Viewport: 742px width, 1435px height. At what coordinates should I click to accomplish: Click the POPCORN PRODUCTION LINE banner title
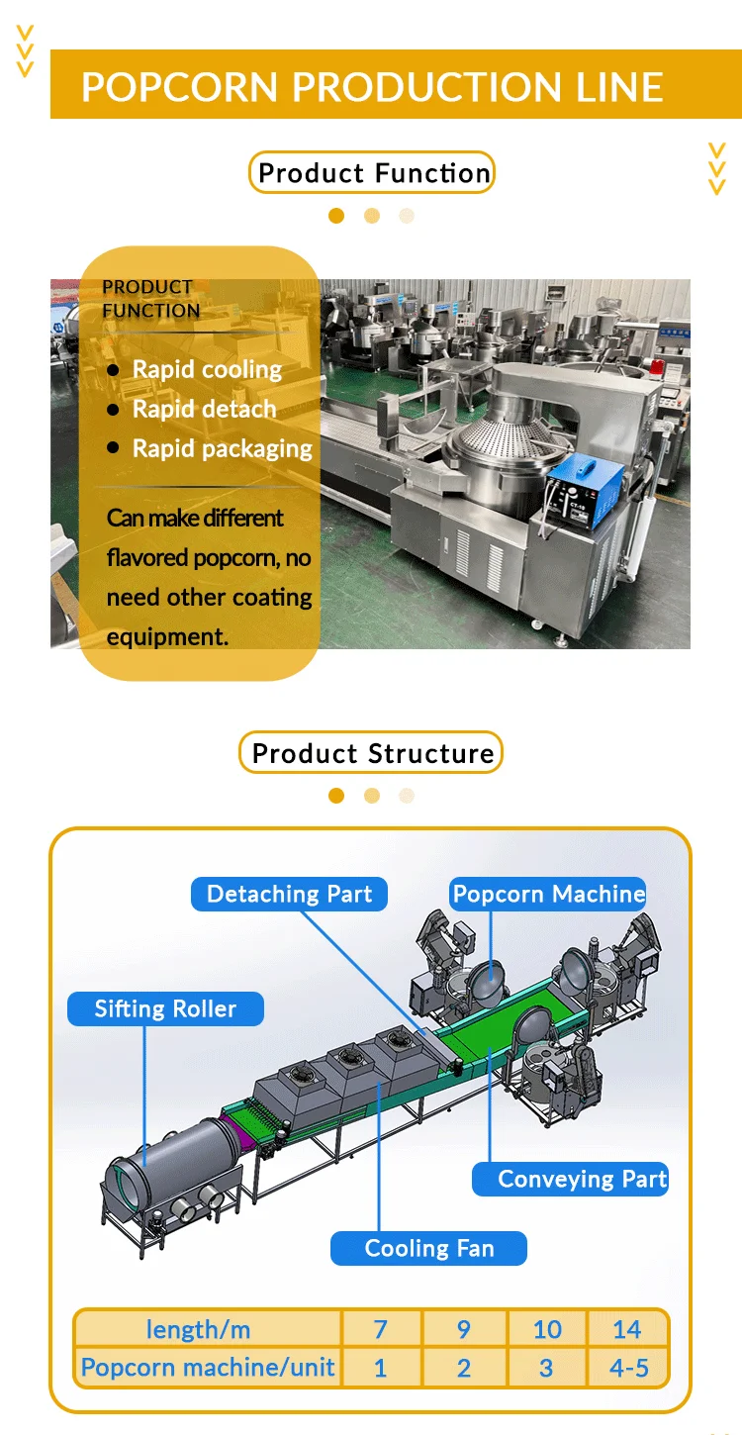pos(371,86)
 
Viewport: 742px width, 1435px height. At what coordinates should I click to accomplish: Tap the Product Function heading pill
pos(372,173)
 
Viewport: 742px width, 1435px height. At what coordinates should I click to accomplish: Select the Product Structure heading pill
pos(372,753)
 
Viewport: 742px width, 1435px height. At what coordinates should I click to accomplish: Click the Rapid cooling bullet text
pos(207,370)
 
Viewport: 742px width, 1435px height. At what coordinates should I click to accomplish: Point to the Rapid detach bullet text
pos(204,409)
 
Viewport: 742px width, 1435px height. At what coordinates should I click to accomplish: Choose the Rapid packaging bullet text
pos(222,448)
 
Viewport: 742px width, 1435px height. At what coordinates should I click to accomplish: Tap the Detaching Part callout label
pos(289,895)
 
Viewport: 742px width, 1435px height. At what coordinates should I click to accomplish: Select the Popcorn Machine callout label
pos(548,895)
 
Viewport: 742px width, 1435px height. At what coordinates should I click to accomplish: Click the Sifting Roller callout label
pos(165,1009)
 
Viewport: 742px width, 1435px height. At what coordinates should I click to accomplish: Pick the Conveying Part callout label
pos(582,1179)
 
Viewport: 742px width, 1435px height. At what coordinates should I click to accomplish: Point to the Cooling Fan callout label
pos(428,1248)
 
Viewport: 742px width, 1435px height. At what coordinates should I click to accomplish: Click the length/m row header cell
pos(208,1329)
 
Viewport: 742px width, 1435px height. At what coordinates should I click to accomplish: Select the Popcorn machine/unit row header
pos(208,1369)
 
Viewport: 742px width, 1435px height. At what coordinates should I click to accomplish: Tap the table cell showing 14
pos(627,1329)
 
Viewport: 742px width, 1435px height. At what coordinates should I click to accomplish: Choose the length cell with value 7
pos(381,1329)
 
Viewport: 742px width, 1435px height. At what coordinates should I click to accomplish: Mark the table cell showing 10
pos(547,1329)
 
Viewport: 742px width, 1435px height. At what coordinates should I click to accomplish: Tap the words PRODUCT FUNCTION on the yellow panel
pos(150,299)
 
